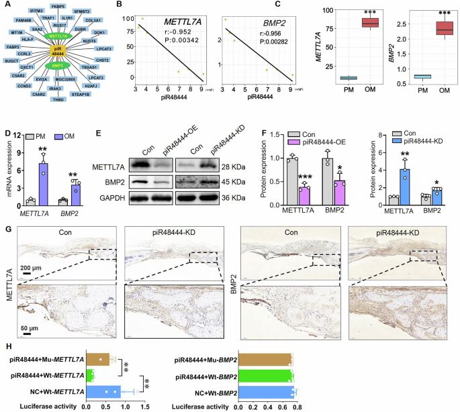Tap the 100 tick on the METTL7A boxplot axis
tap(328, 9)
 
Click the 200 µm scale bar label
tap(30, 268)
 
